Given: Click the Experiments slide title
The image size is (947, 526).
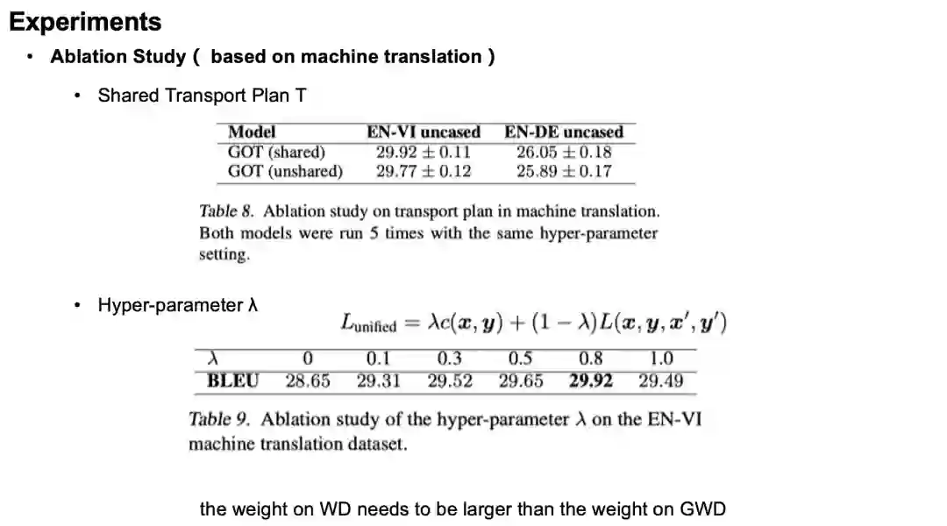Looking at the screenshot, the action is (x=85, y=22).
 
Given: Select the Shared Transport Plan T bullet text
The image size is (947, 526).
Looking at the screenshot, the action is (x=202, y=95).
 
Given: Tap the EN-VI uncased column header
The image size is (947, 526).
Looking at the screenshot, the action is (x=424, y=132).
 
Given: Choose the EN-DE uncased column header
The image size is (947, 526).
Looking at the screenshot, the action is (x=564, y=132).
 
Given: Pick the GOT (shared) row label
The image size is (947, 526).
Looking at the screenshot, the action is (x=276, y=152).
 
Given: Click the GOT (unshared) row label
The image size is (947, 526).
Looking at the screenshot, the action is (x=285, y=171).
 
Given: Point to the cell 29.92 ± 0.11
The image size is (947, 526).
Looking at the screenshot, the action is (x=424, y=152).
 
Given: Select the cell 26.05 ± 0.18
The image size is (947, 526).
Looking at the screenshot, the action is (x=564, y=152).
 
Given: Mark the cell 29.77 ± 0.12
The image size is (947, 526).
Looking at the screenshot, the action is (x=424, y=171).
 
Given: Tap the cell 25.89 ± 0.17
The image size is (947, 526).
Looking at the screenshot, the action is (x=564, y=171).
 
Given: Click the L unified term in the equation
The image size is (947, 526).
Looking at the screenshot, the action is (x=368, y=324).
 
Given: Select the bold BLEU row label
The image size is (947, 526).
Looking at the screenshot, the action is (x=232, y=381).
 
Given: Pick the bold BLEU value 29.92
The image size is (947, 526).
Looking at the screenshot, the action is (x=591, y=381).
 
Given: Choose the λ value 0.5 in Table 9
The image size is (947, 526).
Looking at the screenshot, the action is (x=520, y=359).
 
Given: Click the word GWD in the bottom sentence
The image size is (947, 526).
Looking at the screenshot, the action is (x=703, y=508).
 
